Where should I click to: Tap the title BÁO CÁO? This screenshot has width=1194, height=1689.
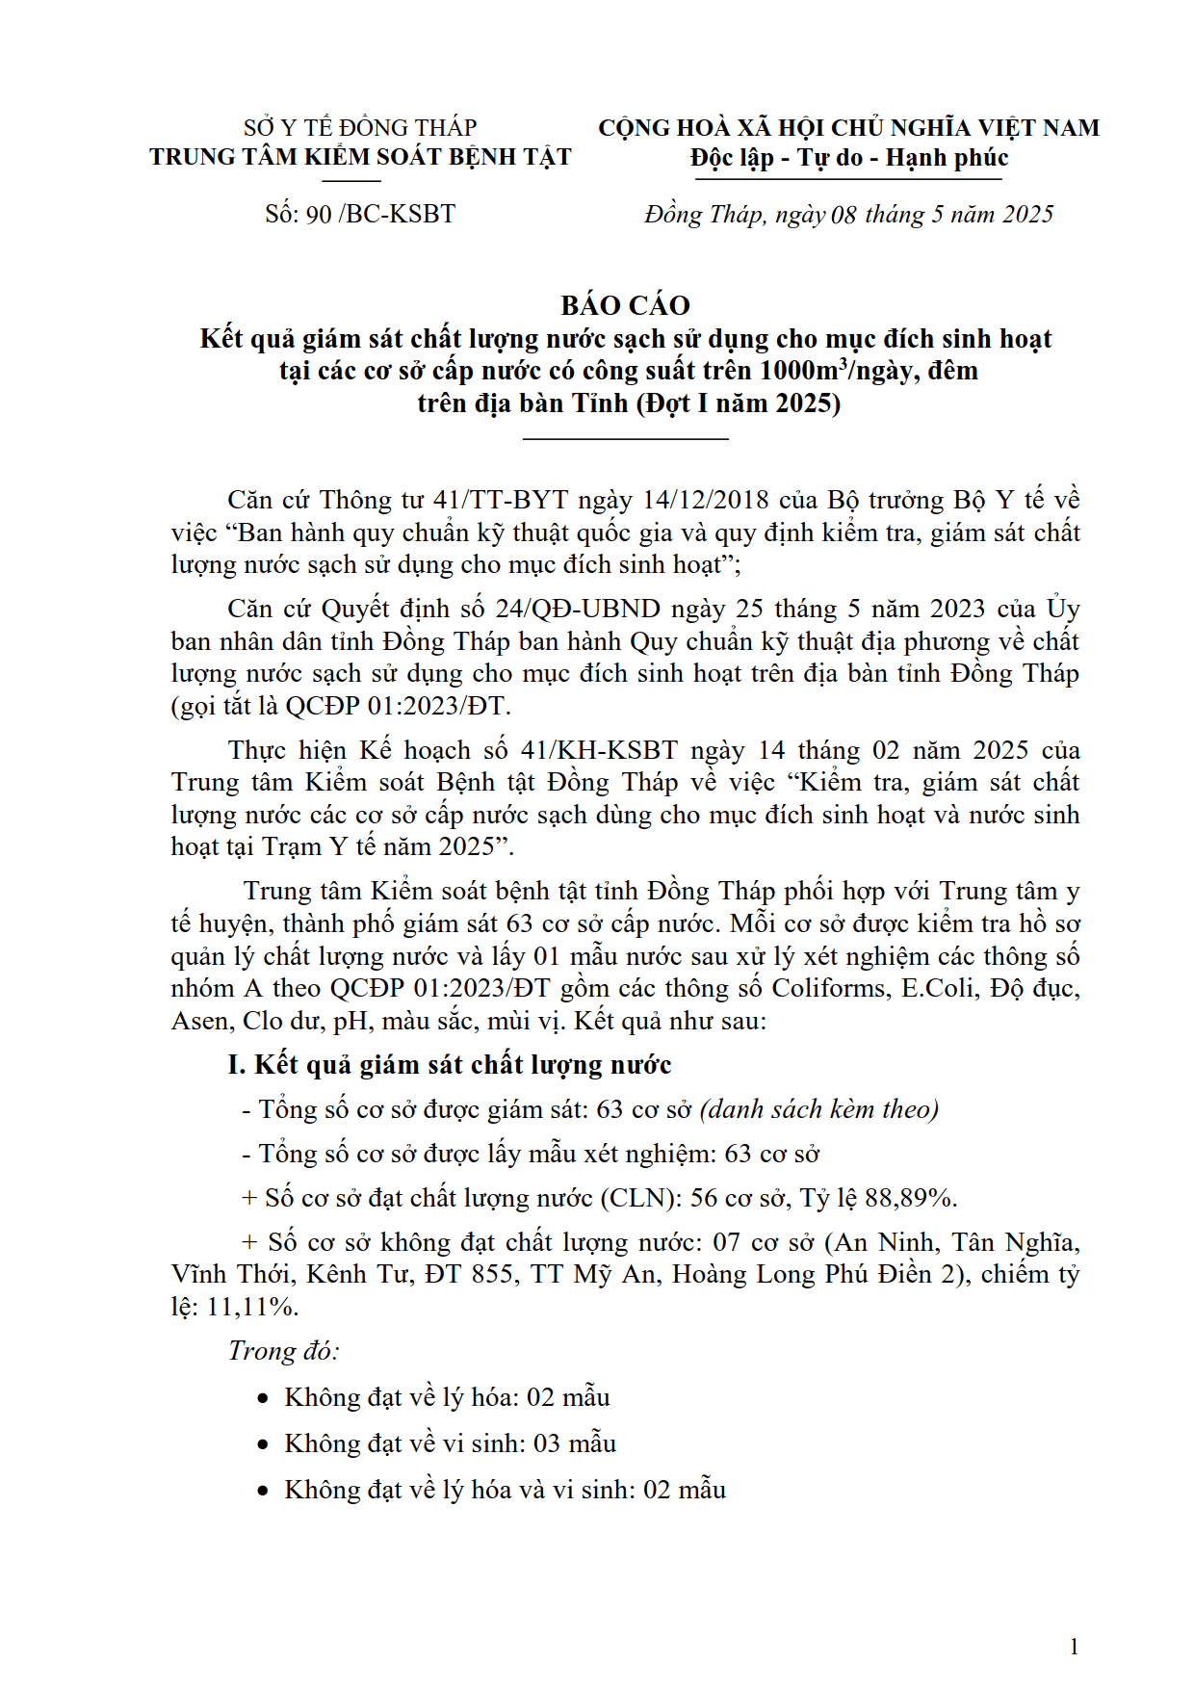point(625,305)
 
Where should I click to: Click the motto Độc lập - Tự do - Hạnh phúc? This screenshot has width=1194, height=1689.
point(848,158)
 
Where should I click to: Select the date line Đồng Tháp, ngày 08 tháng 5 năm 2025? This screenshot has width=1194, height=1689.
point(848,214)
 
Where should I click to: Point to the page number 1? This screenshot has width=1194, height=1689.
point(1074,1647)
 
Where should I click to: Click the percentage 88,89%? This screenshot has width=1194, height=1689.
point(909,1198)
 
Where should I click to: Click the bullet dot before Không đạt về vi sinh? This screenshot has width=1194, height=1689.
point(263,1444)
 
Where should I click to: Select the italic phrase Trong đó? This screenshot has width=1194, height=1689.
point(283,1351)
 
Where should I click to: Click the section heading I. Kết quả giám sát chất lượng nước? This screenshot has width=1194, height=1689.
point(449,1065)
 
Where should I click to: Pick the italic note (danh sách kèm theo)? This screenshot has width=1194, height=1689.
point(818,1109)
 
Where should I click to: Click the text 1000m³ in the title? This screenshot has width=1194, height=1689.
point(802,371)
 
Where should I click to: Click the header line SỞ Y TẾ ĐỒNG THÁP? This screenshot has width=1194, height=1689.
point(360,128)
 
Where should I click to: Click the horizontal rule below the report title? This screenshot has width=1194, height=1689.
point(625,439)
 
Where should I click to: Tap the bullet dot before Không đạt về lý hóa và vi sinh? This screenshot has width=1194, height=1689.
point(263,1491)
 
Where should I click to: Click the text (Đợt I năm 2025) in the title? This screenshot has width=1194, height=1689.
point(739,403)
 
